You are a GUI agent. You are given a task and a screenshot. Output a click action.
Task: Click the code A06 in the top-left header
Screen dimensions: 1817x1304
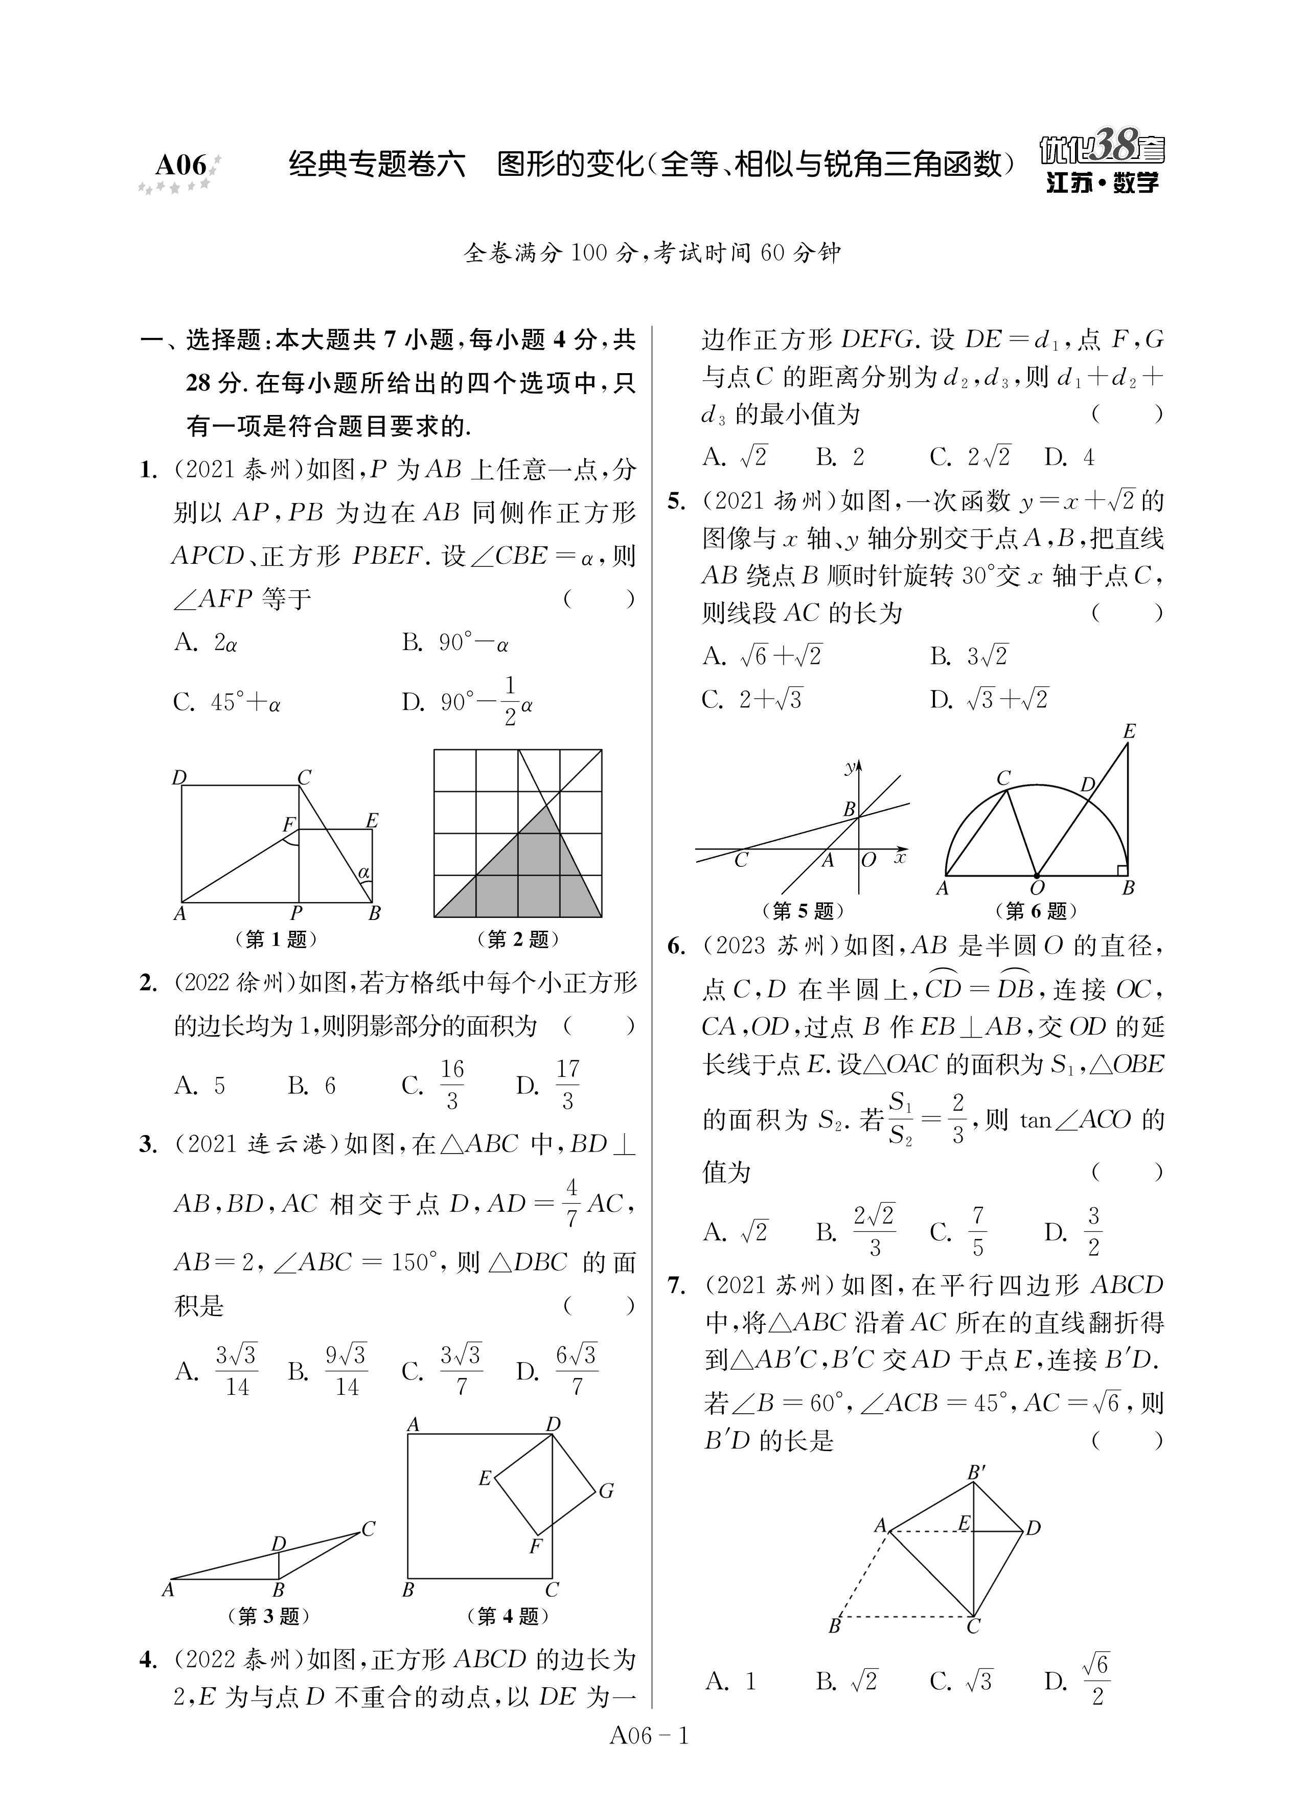coord(181,165)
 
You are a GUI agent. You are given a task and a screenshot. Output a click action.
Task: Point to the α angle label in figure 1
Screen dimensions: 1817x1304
coord(364,871)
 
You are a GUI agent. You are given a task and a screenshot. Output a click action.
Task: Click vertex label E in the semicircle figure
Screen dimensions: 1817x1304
coord(1129,731)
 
